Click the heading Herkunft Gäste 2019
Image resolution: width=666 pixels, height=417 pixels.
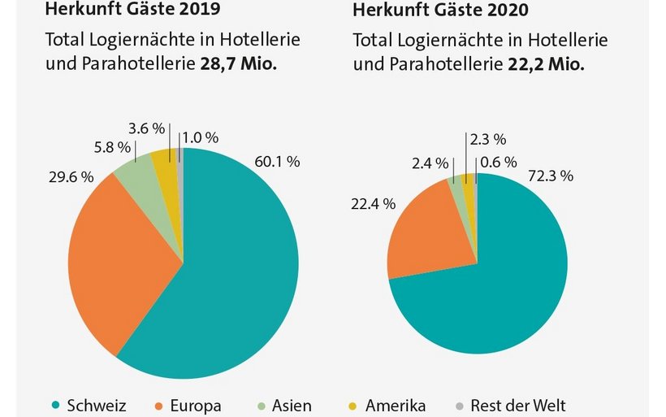coord(135,11)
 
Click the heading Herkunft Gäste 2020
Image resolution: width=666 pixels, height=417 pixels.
coord(442,12)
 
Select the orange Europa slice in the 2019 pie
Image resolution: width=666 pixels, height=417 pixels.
coord(122,260)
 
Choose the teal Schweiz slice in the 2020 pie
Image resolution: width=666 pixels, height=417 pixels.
coord(495,276)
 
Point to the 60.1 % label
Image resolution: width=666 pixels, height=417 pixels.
coord(277,162)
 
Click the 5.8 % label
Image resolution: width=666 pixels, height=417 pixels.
coord(113,147)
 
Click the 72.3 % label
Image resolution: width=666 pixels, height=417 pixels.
coord(551,176)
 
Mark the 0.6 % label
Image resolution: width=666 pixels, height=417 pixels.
coord(497,162)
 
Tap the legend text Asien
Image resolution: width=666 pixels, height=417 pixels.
coord(291,405)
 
